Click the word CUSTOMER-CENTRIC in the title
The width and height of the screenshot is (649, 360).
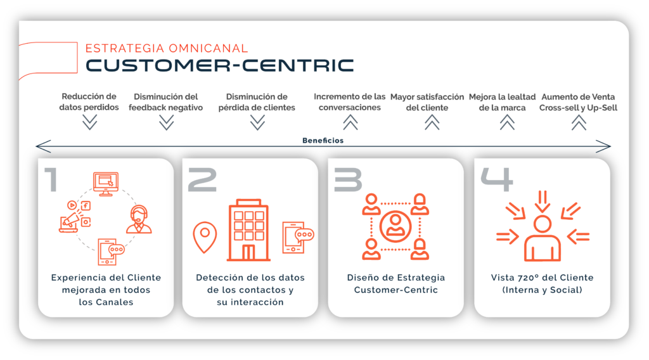click(x=220, y=65)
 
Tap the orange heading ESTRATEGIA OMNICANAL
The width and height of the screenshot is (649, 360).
click(x=167, y=48)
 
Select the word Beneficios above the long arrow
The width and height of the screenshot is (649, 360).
click(x=323, y=140)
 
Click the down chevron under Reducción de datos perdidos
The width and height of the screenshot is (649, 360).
click(x=89, y=122)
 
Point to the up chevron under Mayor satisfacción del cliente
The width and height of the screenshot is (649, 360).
click(x=432, y=122)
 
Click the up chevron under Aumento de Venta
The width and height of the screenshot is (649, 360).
click(x=579, y=122)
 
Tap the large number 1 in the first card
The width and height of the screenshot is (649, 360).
click(x=51, y=179)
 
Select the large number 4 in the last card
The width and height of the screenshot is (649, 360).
click(x=497, y=179)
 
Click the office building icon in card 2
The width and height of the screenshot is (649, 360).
click(x=248, y=230)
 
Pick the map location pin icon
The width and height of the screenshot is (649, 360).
click(x=205, y=237)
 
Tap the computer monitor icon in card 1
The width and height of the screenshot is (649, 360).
click(x=106, y=184)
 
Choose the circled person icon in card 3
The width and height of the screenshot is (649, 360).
click(x=395, y=226)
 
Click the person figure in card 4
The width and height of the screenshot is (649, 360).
click(x=543, y=238)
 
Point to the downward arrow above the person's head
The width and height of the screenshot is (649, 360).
click(x=543, y=202)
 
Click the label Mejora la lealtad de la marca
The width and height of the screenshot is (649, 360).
click(x=502, y=102)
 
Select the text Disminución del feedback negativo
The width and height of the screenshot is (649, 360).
click(x=165, y=102)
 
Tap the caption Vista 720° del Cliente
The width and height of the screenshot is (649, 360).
click(x=543, y=277)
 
